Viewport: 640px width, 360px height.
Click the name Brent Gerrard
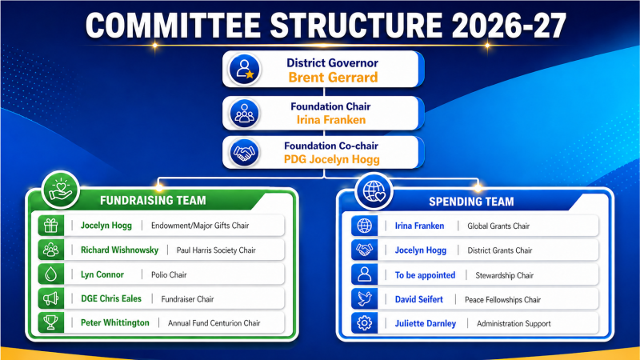click(x=333, y=77)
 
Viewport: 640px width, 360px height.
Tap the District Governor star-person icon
click(x=245, y=70)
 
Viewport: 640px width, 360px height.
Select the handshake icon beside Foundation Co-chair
click(x=244, y=153)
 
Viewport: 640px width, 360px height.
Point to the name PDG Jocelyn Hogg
click(x=331, y=159)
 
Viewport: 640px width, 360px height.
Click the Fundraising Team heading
click(x=153, y=201)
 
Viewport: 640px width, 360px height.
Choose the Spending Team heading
click(x=471, y=202)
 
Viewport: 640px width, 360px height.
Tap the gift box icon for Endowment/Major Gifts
click(x=51, y=226)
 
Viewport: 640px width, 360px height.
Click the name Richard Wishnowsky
click(x=119, y=250)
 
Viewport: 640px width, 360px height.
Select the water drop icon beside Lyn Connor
click(x=51, y=274)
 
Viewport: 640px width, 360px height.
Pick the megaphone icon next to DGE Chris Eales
click(x=51, y=298)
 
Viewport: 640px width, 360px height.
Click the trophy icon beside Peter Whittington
click(x=51, y=323)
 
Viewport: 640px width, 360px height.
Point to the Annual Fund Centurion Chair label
click(x=214, y=323)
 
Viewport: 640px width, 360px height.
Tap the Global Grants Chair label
click(x=498, y=226)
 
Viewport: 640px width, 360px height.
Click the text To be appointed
click(x=425, y=275)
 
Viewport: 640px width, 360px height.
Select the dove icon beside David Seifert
click(x=365, y=299)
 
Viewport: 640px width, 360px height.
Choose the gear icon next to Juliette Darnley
click(x=365, y=323)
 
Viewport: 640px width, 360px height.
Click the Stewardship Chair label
click(x=505, y=275)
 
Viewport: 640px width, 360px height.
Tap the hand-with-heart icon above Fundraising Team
click(x=61, y=190)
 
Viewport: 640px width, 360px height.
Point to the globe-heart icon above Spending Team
click(x=374, y=191)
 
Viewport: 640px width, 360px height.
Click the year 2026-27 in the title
click(x=509, y=26)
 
